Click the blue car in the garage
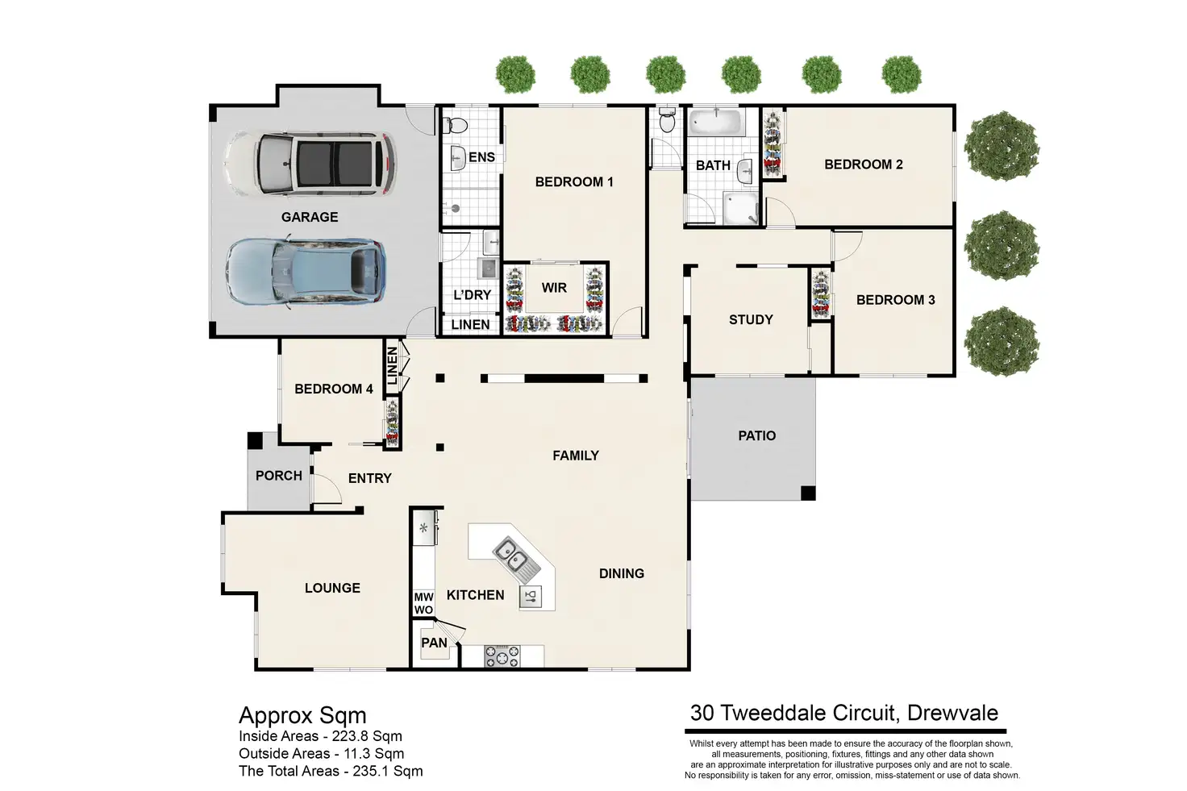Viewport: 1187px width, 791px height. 306,273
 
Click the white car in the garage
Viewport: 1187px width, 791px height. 310,164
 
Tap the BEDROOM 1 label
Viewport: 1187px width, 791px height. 574,182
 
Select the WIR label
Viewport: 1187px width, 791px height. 554,288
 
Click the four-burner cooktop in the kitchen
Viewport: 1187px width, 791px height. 502,656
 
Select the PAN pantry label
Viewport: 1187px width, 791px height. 434,643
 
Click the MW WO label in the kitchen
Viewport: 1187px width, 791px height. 423,603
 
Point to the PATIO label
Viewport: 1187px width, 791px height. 756,436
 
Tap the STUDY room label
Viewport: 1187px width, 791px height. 751,320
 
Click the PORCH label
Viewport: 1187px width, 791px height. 279,476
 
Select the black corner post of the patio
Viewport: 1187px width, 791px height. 807,493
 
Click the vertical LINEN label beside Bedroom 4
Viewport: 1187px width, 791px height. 392,365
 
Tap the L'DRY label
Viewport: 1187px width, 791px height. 473,295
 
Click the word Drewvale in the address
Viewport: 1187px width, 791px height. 953,713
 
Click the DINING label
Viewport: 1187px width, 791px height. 622,574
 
